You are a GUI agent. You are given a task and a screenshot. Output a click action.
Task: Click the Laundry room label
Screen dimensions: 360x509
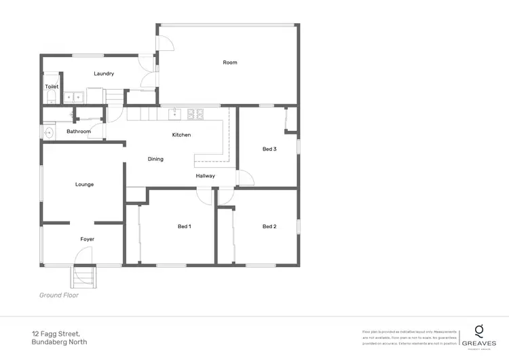(104, 73)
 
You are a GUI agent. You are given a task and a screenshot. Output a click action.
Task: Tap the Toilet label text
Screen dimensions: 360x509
(52, 87)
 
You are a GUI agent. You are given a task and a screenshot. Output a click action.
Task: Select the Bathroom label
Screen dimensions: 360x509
(79, 131)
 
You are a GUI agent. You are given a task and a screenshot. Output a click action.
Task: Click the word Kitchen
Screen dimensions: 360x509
(181, 134)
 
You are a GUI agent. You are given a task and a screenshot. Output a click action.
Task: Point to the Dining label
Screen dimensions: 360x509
(155, 159)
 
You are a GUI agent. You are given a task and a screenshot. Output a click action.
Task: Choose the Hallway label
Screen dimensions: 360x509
(206, 176)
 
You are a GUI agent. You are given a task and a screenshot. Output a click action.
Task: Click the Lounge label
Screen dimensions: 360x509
(84, 184)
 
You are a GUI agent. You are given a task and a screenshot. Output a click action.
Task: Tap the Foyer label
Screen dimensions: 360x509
(88, 239)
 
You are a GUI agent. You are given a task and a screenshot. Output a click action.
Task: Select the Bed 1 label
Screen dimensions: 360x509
(184, 226)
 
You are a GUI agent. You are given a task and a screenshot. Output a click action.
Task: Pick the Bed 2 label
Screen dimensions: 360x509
(269, 226)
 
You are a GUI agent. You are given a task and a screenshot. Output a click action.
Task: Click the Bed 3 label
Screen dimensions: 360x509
(269, 149)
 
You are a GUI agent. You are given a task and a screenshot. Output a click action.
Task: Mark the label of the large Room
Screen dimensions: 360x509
(230, 62)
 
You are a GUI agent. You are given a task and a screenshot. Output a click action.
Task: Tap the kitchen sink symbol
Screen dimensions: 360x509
(174, 112)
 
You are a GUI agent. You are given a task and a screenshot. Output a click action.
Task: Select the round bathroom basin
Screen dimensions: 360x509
(49, 132)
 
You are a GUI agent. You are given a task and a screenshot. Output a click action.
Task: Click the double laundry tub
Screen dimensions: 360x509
(73, 97)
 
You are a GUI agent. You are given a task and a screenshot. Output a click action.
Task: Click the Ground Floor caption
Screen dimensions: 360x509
(59, 295)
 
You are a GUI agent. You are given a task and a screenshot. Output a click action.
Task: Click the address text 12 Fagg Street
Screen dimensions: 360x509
(56, 334)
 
